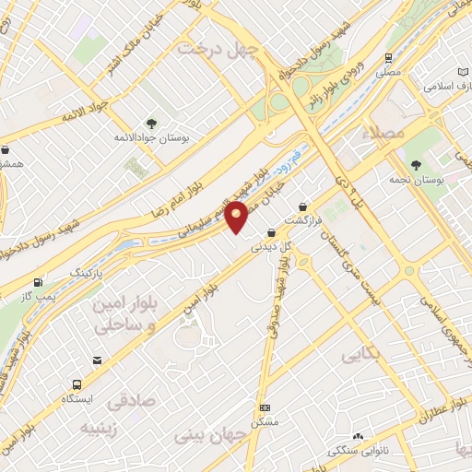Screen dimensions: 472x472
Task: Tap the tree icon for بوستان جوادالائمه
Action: pyautogui.click(x=151, y=122)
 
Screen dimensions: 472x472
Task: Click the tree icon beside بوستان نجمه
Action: pyautogui.click(x=417, y=164)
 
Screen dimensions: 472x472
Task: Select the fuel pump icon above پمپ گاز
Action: pyautogui.click(x=38, y=282)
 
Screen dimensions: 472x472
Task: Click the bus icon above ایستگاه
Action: pyautogui.click(x=75, y=385)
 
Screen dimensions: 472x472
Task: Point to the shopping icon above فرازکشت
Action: pyautogui.click(x=303, y=207)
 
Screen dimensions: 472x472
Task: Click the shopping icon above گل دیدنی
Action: pyautogui.click(x=270, y=233)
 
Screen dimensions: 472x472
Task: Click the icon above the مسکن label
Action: pyautogui.click(x=265, y=407)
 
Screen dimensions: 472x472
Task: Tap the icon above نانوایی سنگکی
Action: pyautogui.click(x=358, y=437)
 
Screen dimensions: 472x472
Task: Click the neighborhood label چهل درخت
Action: pyautogui.click(x=219, y=48)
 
